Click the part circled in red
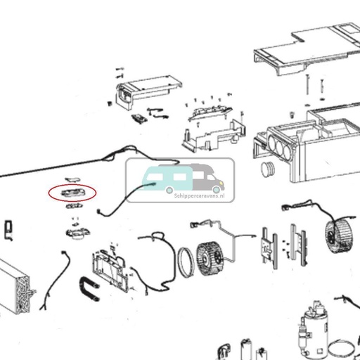coord(72,191)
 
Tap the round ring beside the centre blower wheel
coord(188,261)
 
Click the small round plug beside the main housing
coord(267,169)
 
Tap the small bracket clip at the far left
coord(8,228)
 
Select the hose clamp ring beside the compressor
coord(344,347)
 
